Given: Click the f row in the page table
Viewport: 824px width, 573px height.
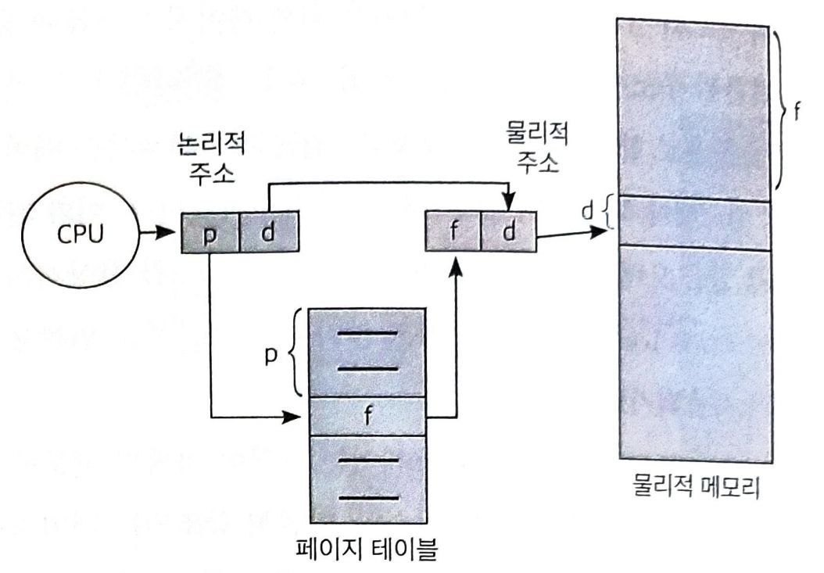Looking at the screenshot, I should [x=368, y=415].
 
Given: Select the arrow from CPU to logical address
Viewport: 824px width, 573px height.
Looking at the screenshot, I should [x=161, y=233].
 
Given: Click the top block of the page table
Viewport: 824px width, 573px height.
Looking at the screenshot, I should [x=368, y=354].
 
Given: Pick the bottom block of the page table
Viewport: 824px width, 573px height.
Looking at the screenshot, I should [x=368, y=478].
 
